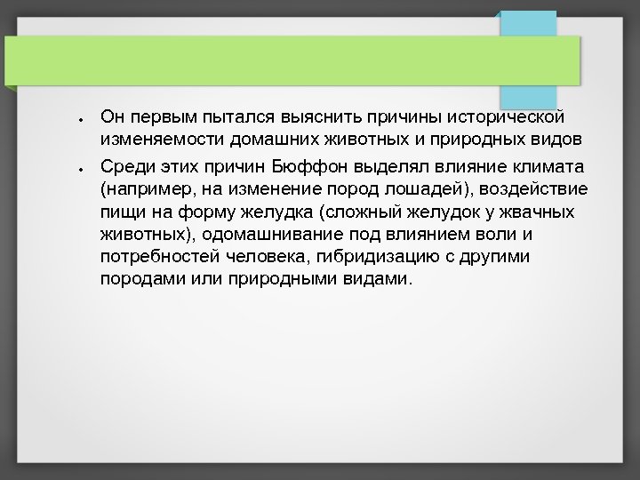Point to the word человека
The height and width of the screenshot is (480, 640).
[261, 256]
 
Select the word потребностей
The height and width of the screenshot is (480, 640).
[156, 256]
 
